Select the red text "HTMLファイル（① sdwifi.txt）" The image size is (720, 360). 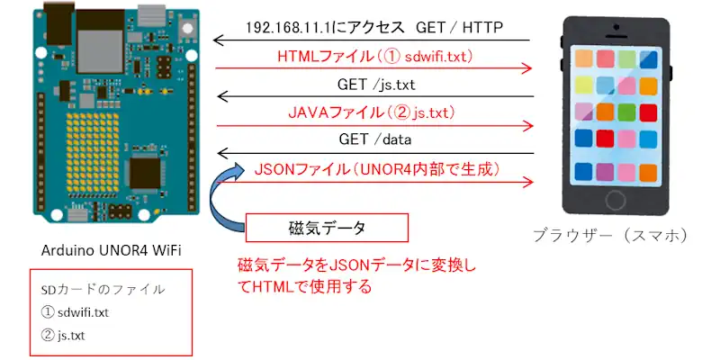(374, 57)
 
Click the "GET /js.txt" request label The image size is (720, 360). (375, 85)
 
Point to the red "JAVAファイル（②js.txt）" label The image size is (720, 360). (372, 113)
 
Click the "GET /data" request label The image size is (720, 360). (373, 140)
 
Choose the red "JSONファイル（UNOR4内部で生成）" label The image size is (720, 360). (377, 169)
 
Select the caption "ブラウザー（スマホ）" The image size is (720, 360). (610, 236)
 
